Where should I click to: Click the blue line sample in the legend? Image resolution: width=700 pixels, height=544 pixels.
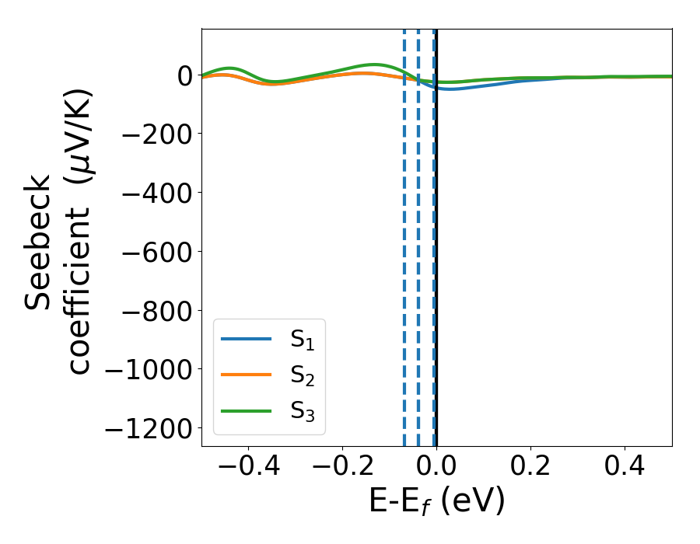click(x=247, y=339)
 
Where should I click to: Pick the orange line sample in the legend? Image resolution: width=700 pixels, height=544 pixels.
click(x=247, y=375)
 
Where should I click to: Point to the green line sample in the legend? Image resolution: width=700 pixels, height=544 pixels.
click(x=247, y=410)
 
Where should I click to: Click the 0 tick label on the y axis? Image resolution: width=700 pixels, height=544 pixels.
click(x=184, y=75)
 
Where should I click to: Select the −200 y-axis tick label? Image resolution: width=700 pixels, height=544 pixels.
click(x=152, y=134)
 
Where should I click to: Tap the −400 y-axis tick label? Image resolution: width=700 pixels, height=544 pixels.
click(x=152, y=193)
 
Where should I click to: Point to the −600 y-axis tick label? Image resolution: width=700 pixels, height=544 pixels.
click(x=152, y=252)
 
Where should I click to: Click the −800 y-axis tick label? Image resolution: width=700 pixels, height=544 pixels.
click(x=152, y=311)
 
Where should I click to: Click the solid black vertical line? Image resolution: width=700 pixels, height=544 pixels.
click(x=436, y=233)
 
